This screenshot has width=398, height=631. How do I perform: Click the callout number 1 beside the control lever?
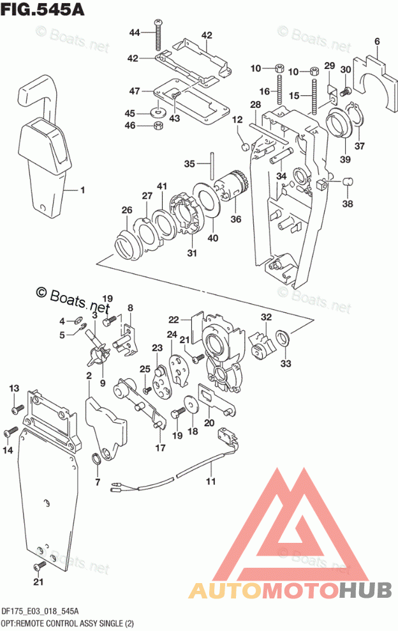[x=82, y=190]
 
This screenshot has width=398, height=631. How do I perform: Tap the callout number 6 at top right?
[x=377, y=42]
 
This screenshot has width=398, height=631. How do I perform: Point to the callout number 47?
[x=135, y=91]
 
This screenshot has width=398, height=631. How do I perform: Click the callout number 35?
[x=189, y=164]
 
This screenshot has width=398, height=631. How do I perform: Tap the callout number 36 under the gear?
[x=236, y=219]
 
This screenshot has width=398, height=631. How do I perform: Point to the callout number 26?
[x=127, y=209]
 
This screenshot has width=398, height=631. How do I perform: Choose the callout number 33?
[x=284, y=363]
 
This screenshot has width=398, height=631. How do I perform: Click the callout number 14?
[x=8, y=451]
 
